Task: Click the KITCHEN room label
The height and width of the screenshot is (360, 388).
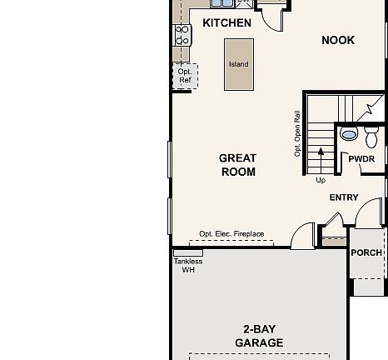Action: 226,22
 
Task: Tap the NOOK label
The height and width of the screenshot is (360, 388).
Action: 338,40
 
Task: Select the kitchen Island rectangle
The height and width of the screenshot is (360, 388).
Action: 238,64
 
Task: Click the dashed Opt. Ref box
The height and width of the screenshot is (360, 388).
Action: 185,76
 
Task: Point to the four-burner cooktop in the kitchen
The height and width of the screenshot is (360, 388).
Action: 182,34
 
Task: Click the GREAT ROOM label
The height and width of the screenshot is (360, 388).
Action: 237,165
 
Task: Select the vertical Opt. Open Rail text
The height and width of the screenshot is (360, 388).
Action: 297,133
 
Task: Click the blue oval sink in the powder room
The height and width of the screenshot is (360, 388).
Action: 350,132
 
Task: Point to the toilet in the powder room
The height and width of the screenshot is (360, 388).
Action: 371,135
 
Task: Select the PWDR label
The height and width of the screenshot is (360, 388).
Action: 361,158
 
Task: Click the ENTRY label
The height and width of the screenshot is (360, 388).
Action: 344,197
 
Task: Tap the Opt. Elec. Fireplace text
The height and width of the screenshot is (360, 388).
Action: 231,234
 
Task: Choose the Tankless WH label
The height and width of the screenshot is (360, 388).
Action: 187,265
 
